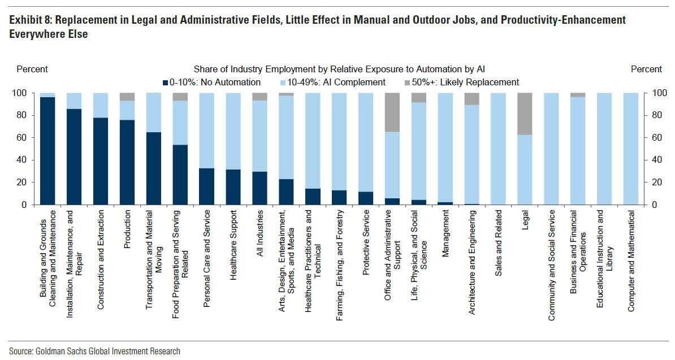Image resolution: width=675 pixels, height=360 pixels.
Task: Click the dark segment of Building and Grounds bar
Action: pyautogui.click(x=47, y=150)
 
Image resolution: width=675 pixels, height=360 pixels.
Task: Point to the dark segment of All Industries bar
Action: pyautogui.click(x=259, y=188)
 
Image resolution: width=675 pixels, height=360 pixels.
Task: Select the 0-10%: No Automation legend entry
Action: pyautogui.click(x=212, y=83)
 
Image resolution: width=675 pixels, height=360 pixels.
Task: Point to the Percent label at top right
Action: pyautogui.click(x=646, y=69)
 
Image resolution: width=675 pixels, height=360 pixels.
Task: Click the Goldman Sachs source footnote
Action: pyautogui.click(x=95, y=352)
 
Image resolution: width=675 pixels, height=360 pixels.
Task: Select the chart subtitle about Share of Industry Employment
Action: pyautogui.click(x=339, y=69)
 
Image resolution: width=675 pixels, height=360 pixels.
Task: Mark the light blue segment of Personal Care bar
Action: pyautogui.click(x=207, y=130)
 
